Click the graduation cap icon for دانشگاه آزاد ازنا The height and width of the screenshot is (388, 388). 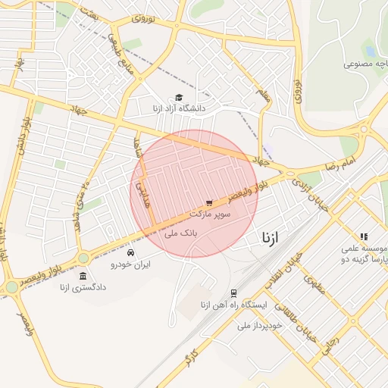point(179,98)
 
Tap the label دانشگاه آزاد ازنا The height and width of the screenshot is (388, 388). point(179,109)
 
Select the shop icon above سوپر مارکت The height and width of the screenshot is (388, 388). point(209,203)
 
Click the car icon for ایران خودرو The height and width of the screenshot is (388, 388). point(132,252)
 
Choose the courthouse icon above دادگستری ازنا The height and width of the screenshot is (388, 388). point(83,276)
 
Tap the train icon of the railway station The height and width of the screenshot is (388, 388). point(233,293)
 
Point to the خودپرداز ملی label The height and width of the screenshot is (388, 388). point(259,325)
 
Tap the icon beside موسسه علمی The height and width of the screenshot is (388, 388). point(364,236)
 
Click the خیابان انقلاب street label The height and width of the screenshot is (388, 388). point(291,271)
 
